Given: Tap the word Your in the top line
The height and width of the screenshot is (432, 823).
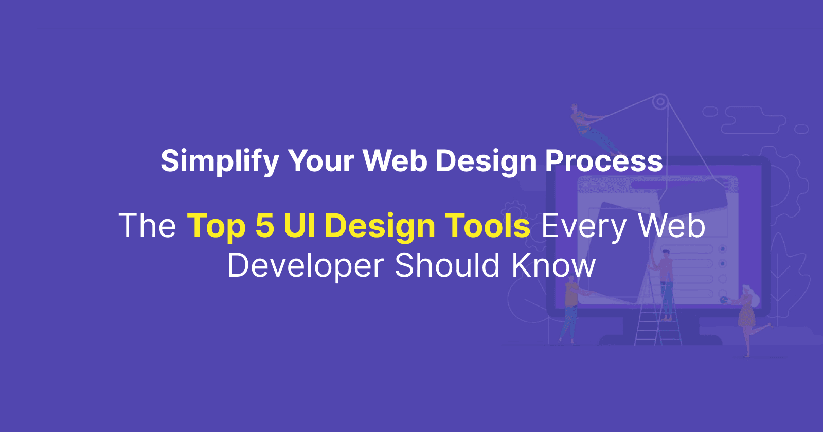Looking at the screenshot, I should tap(321, 161).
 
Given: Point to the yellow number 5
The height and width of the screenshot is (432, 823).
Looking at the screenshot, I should tap(265, 226).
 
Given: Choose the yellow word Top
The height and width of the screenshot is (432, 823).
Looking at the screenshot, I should tap(216, 227).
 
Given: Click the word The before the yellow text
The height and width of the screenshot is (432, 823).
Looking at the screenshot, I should tap(147, 226).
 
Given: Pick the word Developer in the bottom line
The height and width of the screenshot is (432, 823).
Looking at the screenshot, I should tap(306, 266).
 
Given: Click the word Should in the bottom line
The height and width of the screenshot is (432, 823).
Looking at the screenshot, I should tap(447, 265).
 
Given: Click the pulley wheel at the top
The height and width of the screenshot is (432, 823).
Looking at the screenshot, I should tap(660, 102).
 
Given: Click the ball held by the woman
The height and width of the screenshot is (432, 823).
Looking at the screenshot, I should tap(724, 300).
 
